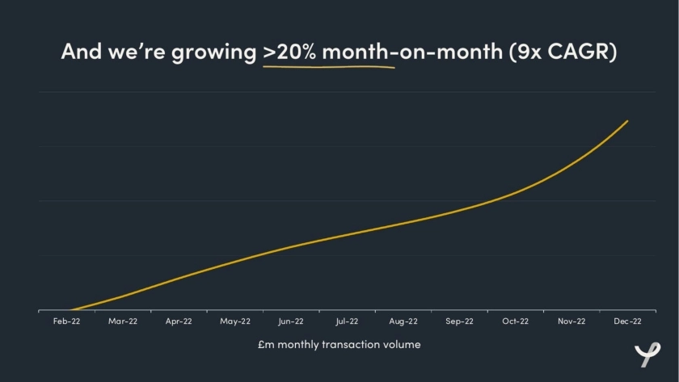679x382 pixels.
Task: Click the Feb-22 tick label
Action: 66,321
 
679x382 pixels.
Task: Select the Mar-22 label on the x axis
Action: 123,321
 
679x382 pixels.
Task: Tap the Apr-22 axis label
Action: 179,321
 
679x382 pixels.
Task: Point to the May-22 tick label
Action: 234,321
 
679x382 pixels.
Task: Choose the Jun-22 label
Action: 291,321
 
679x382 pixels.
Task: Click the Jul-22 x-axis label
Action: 347,321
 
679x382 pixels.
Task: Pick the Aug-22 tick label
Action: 403,321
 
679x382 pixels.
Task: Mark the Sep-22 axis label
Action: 459,321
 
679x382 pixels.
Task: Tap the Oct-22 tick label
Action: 515,321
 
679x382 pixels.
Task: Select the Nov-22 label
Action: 571,321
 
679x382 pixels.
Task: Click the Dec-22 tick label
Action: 627,321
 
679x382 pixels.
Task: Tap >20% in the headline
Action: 293,52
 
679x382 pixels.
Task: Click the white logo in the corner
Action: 647,353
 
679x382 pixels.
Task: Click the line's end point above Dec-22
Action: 627,121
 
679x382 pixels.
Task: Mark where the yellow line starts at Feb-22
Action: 71,310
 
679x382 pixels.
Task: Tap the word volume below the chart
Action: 402,344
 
